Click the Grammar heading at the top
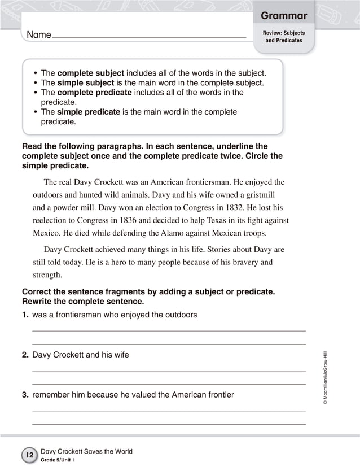[x=284, y=15]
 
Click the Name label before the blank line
[x=39, y=35]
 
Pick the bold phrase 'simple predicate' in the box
[x=89, y=112]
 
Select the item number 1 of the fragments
[x=25, y=315]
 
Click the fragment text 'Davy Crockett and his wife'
[x=81, y=355]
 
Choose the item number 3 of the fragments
[x=25, y=395]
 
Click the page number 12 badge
[x=29, y=455]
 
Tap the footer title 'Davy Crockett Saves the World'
[x=86, y=451]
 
